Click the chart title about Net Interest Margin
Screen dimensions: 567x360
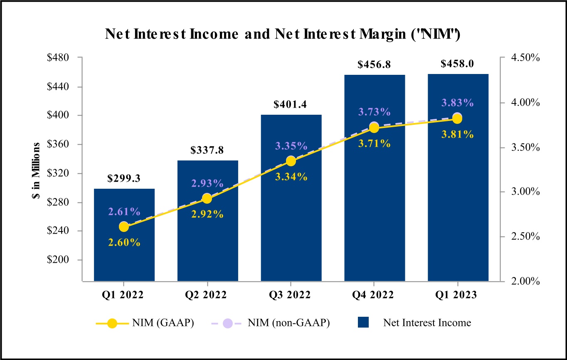click(283, 34)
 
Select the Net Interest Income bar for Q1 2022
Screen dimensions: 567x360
click(124, 235)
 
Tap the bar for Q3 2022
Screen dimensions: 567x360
click(291, 198)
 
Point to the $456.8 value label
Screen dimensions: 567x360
click(374, 65)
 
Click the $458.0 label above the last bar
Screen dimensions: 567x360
click(457, 64)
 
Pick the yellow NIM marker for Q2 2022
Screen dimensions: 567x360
click(207, 198)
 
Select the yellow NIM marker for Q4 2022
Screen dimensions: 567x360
click(374, 128)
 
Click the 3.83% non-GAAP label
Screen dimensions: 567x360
click(457, 103)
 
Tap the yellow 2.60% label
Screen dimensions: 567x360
click(124, 242)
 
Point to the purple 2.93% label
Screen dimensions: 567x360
click(207, 183)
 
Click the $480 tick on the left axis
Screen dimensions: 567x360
click(58, 58)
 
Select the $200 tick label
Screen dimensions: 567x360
click(58, 260)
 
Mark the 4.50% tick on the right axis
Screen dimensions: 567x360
click(525, 58)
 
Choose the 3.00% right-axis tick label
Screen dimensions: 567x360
click(525, 192)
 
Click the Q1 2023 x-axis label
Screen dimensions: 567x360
click(456, 295)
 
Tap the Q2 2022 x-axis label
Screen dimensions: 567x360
click(206, 295)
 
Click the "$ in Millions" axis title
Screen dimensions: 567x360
click(36, 170)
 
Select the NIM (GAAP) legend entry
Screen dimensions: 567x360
click(145, 323)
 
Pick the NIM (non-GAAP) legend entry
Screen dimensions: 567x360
click(270, 323)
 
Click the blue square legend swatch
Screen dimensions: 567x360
click(363, 322)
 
